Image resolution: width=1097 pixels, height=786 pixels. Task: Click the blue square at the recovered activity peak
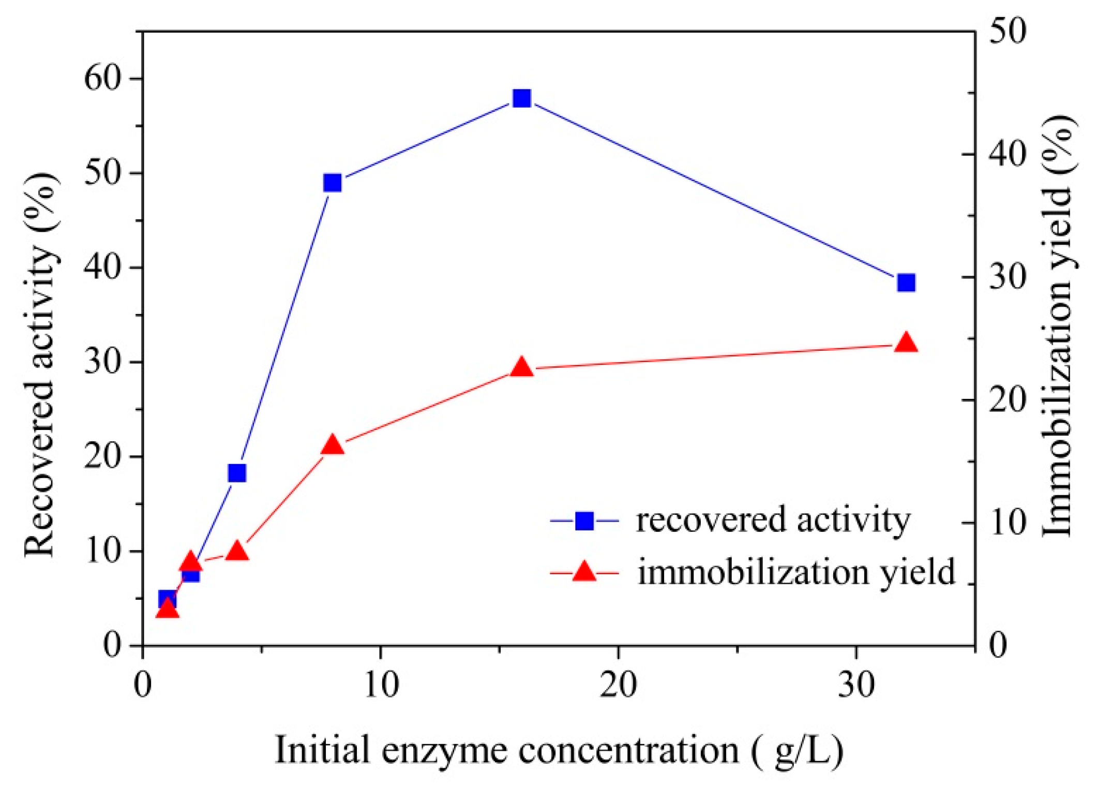pos(521,98)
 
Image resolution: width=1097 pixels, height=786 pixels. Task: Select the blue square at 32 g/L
pos(906,283)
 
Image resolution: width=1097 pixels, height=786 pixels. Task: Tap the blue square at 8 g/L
pos(333,183)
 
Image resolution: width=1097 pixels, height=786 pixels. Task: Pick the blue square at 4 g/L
pos(237,472)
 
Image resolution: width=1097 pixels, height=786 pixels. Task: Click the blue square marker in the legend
pos(584,521)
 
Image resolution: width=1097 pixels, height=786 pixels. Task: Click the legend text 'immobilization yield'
pos(796,572)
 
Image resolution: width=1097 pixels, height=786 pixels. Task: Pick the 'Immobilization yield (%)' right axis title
pos(1058,326)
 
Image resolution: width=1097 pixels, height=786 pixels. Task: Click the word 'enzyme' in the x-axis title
pos(445,750)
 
